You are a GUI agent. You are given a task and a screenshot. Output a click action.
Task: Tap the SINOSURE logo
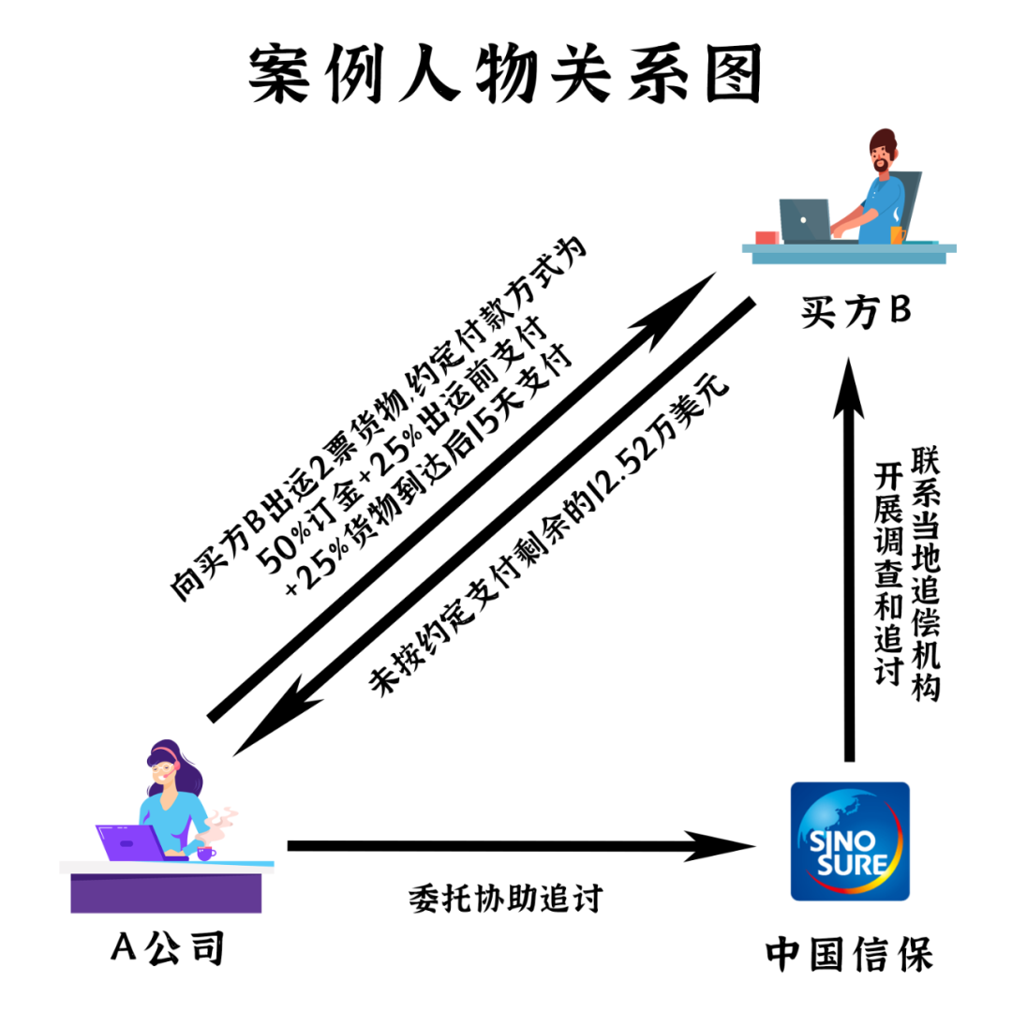coord(850,841)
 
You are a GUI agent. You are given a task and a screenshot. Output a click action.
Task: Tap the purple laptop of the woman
coord(131,841)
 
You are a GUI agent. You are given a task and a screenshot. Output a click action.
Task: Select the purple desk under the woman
coord(166,891)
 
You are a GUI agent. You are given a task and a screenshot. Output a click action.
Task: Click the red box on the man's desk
coord(766,237)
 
